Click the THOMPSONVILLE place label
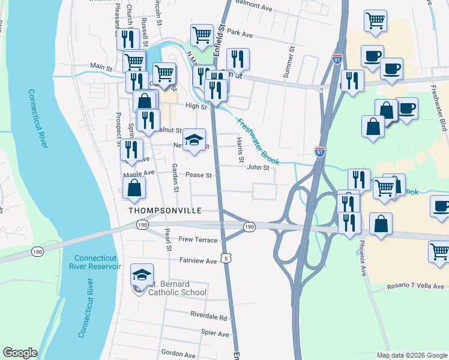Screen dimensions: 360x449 pos(163,211)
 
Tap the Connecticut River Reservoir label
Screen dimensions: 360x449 pos(95,262)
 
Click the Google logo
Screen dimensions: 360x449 pos(20,353)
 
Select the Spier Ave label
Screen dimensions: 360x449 pos(215,333)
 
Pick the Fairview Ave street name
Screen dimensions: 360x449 pos(197,261)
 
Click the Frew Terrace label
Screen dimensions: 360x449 pos(198,239)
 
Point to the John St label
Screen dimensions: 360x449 pos(258,167)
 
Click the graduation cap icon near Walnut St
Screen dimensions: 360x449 pos(194,140)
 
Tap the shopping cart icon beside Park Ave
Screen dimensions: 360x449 pos(202,35)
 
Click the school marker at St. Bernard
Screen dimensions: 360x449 pos(142,275)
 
